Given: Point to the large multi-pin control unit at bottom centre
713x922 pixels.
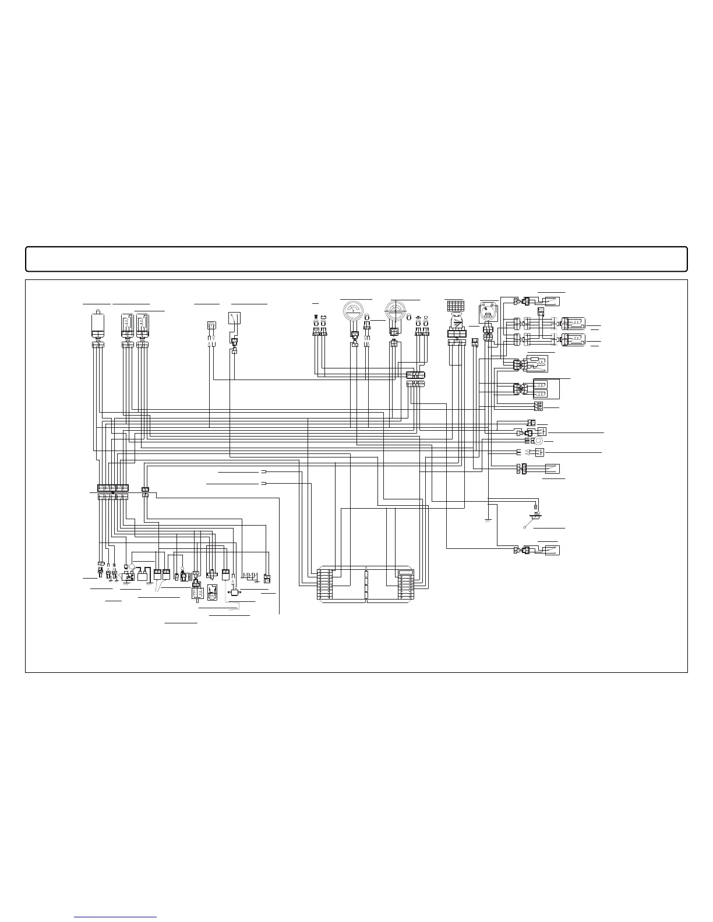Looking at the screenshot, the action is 366,584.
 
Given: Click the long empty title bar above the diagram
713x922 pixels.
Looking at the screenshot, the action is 356,259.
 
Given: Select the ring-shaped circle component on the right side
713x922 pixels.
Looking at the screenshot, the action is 538,441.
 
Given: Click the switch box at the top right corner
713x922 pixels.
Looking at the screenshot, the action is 549,301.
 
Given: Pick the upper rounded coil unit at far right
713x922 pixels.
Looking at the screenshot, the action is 573,324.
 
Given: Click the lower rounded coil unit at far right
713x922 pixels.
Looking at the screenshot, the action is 573,339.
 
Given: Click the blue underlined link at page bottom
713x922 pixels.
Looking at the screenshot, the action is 116,917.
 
